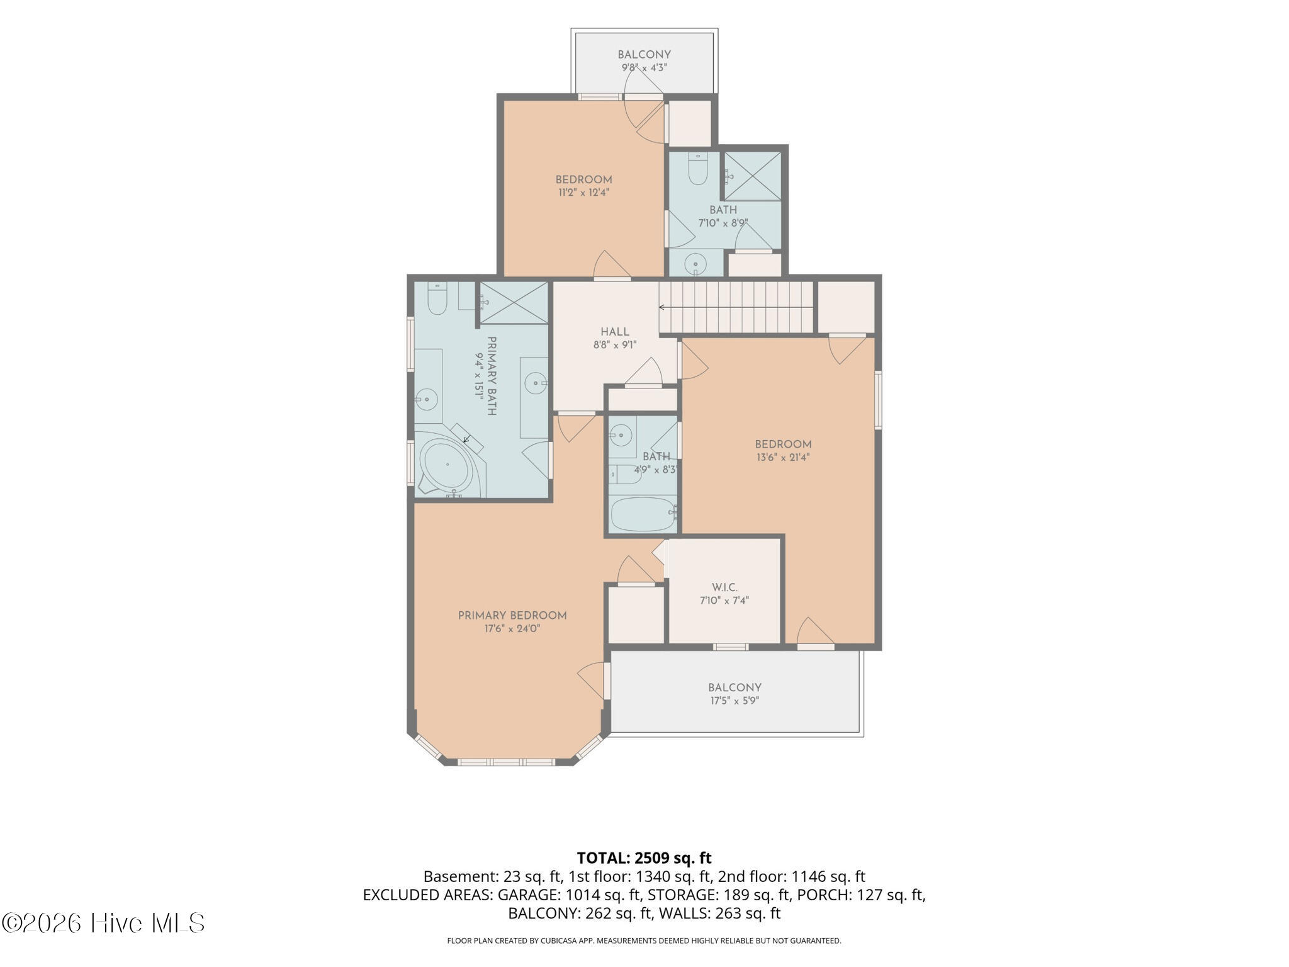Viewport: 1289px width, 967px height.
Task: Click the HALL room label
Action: tap(614, 332)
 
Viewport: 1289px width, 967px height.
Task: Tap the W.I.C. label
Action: tap(724, 587)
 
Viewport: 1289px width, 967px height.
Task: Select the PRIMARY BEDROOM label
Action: tap(512, 616)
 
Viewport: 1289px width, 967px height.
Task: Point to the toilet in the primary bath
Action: tap(437, 298)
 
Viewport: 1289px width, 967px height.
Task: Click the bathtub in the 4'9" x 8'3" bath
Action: tap(643, 515)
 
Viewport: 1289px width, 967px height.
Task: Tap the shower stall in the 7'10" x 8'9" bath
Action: tap(753, 176)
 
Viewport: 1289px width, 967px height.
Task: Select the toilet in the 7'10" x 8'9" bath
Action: tap(698, 169)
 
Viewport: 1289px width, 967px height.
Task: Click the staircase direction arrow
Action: tap(736, 307)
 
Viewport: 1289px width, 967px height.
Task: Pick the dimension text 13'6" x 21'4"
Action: tap(783, 458)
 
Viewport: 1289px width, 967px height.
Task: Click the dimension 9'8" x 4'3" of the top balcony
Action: tap(644, 67)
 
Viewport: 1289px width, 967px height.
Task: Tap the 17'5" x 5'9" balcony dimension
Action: tap(735, 701)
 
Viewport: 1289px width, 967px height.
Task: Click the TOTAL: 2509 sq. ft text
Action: tap(644, 858)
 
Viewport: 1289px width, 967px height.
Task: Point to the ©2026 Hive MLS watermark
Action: tap(103, 924)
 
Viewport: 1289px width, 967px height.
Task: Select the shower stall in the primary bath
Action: tap(514, 303)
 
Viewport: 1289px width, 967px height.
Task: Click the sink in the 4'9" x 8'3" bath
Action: tap(621, 434)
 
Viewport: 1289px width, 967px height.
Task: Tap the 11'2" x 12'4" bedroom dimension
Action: tap(583, 193)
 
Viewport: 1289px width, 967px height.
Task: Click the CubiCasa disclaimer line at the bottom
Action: tap(644, 941)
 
